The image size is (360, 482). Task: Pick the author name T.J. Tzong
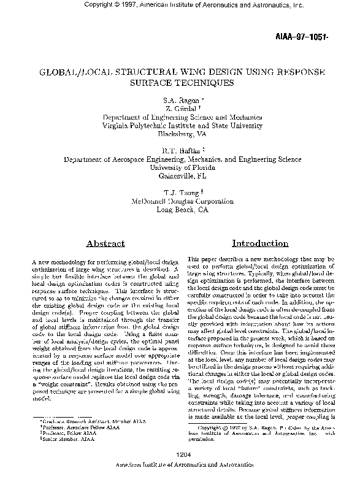(178, 191)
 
